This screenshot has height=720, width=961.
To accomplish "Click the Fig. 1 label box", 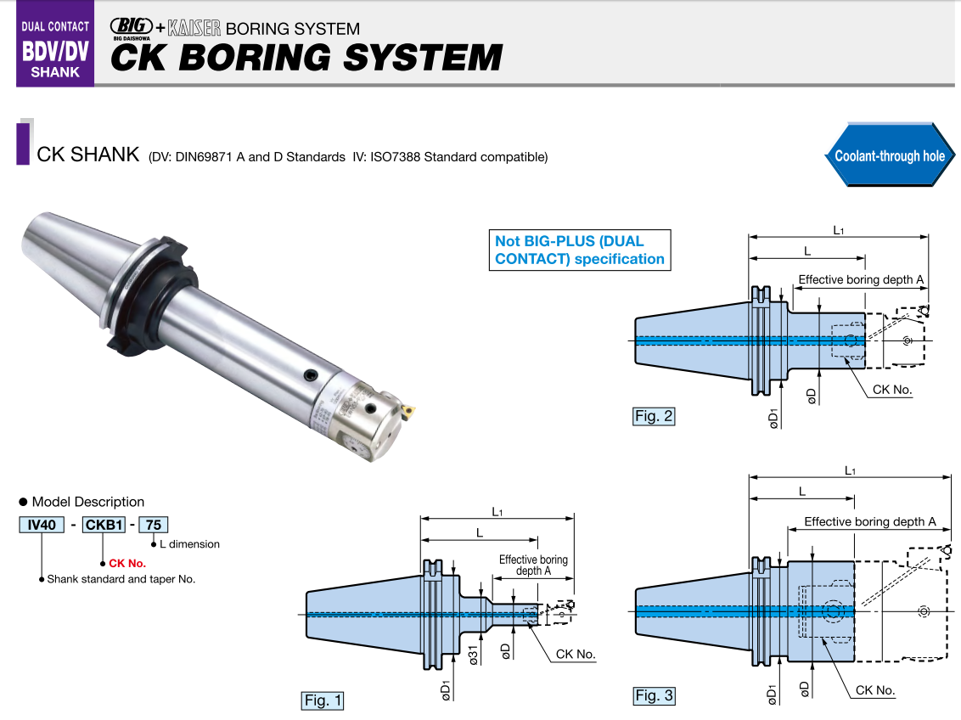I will [323, 700].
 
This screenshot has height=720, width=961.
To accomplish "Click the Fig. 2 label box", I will [654, 416].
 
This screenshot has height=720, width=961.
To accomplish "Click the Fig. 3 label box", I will [655, 696].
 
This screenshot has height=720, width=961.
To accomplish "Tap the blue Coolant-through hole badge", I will [889, 155].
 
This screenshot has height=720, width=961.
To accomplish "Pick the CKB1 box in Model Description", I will [104, 525].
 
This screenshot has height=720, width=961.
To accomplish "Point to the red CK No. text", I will [127, 563].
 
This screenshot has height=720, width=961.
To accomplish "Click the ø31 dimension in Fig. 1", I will [472, 655].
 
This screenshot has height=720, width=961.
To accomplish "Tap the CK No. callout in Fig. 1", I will [576, 655].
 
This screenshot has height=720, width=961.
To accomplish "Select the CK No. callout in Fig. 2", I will [893, 391].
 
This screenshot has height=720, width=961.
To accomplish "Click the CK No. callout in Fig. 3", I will [874, 690].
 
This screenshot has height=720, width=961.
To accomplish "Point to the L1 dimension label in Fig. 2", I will [838, 230].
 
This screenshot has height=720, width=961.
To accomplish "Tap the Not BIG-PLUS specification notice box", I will [579, 250].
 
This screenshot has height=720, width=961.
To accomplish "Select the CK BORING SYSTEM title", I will [306, 58].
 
